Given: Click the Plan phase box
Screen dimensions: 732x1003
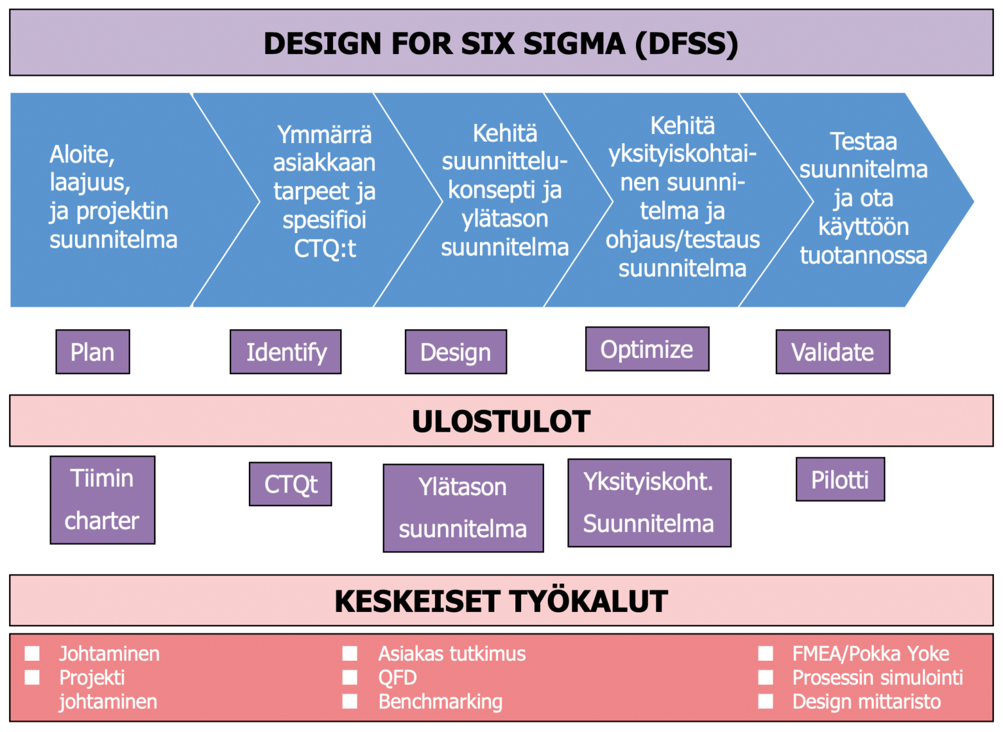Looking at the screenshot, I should coord(93,352).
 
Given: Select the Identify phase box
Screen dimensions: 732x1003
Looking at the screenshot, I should coord(285,352).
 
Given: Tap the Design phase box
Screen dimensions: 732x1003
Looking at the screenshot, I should coord(456,352).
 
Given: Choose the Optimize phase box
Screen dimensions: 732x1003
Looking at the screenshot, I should coord(647,349).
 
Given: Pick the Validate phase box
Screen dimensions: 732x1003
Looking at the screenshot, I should coord(833,352).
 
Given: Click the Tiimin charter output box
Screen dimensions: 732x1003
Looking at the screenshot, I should coord(103,500).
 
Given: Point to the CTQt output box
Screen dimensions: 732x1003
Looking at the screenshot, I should coord(291,484).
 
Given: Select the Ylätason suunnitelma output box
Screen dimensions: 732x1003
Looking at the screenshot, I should coord(463,508).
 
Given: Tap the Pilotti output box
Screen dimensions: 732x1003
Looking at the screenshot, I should coord(840,479).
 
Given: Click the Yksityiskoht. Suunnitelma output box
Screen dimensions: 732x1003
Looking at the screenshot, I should coord(649,503).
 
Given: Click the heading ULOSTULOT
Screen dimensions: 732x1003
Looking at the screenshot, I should coord(501,421).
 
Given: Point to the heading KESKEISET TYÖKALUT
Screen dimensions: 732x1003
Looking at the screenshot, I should coord(501,601).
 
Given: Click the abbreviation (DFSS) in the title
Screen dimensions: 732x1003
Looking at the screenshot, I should coord(686,44).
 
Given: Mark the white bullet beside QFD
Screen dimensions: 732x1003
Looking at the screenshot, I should coord(350,677).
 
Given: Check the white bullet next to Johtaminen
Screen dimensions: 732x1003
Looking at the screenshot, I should coord(32,653).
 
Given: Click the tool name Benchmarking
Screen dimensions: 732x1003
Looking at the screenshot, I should coord(440,701).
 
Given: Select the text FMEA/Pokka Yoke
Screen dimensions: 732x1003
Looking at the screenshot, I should coord(870,653).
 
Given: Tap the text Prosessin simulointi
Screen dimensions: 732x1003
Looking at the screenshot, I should coord(878,677).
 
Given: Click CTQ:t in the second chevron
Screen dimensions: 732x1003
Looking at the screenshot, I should coord(325,249).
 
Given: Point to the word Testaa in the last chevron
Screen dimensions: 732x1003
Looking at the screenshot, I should coord(863,142).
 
